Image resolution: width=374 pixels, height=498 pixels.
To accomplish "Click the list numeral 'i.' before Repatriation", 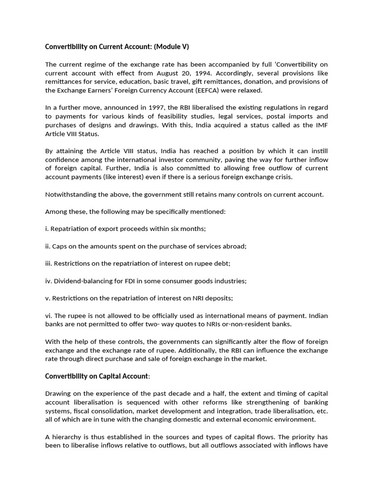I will tap(47, 229).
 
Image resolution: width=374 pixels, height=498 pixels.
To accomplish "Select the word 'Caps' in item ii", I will tap(59, 246).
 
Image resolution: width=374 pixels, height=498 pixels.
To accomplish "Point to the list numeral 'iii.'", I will tap(49, 263).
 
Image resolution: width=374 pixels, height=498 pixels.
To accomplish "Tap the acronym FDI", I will tap(127, 281).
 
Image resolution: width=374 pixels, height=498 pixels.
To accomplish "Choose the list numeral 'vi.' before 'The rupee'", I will tap(49, 316).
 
